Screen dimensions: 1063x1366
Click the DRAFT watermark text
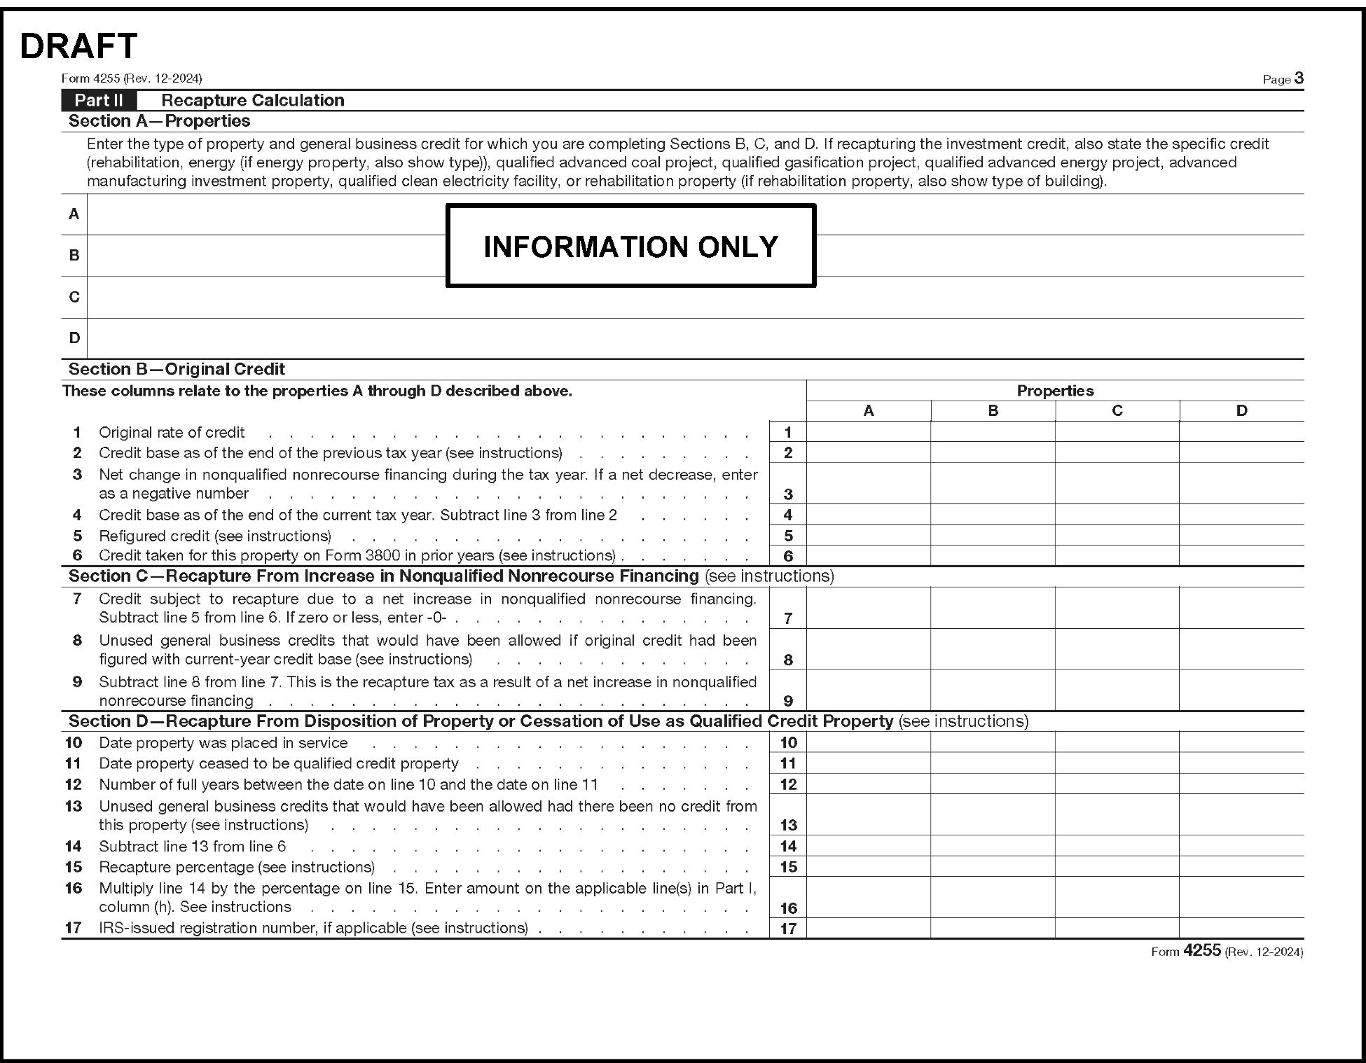(x=78, y=46)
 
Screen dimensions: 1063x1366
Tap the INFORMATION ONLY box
(x=630, y=246)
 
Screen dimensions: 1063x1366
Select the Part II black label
(x=99, y=100)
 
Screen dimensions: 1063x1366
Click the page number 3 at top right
(x=1299, y=78)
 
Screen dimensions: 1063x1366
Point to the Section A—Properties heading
(x=159, y=121)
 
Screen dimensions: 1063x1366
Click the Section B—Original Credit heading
(x=177, y=369)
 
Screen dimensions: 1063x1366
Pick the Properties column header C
(x=1117, y=410)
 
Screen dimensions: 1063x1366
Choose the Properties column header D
(x=1241, y=410)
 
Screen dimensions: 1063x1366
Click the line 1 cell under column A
(x=868, y=431)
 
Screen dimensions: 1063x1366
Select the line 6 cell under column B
(x=993, y=555)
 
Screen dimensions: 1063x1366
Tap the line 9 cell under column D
(x=1241, y=690)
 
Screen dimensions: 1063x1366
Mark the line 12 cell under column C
(x=1117, y=784)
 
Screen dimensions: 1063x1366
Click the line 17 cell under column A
(x=868, y=928)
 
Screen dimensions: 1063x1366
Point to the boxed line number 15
(x=788, y=866)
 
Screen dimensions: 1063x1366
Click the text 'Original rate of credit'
(x=172, y=432)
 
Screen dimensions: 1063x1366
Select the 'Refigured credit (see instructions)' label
(x=215, y=536)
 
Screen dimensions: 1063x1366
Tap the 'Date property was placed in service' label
(x=223, y=743)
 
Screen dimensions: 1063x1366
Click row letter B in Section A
(x=74, y=256)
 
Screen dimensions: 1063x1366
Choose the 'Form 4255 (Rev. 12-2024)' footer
(x=1227, y=951)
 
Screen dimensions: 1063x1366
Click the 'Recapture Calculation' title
(x=252, y=100)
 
